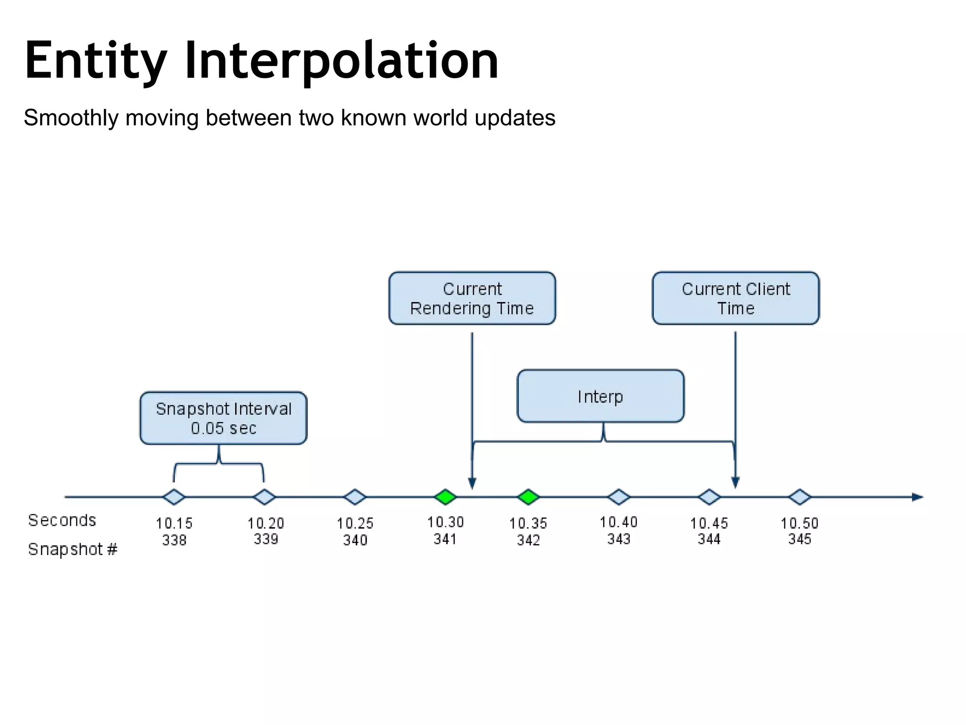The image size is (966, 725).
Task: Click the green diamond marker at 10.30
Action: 445,497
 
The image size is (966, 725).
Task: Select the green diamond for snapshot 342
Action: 528,497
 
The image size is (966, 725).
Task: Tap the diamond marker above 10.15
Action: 174,497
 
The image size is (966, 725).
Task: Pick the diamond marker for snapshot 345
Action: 799,497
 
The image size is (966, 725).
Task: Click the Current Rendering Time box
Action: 472,298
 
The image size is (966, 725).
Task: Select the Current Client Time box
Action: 735,298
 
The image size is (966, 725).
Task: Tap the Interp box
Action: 600,396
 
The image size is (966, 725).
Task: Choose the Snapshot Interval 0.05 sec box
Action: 223,418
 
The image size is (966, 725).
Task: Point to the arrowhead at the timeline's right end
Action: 917,497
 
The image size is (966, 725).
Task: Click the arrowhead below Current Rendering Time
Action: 472,483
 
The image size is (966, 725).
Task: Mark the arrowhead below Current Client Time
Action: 735,482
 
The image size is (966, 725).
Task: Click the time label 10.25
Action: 355,523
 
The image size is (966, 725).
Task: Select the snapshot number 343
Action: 618,539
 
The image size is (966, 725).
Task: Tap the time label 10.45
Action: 709,523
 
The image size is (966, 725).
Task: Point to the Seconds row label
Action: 62,520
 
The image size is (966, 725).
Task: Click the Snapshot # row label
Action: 72,549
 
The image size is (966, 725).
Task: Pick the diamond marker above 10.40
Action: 618,497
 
